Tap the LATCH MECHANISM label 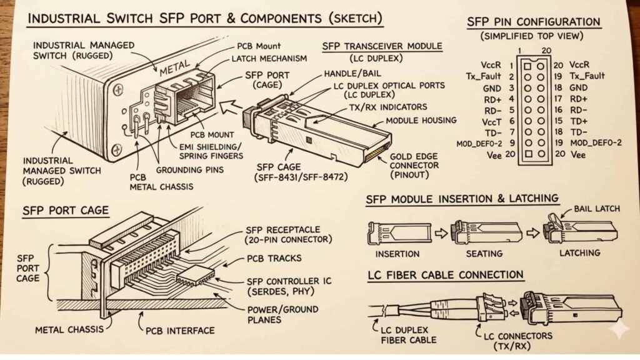(270, 59)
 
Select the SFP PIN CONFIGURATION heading (533, 22)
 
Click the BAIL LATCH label (597, 209)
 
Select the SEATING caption (484, 253)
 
